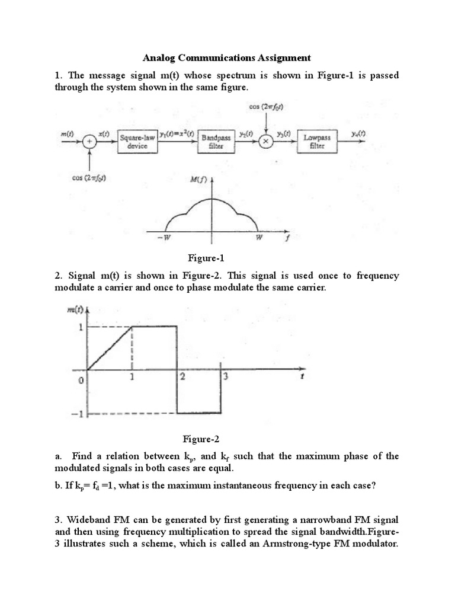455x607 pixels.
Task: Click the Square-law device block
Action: coord(137,142)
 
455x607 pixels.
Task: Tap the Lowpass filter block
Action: coord(317,142)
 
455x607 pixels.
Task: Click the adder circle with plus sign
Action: coord(89,142)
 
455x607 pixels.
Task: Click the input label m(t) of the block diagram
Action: coord(66,135)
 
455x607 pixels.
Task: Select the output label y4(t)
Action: coord(357,135)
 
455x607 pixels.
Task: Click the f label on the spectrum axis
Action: coord(288,238)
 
